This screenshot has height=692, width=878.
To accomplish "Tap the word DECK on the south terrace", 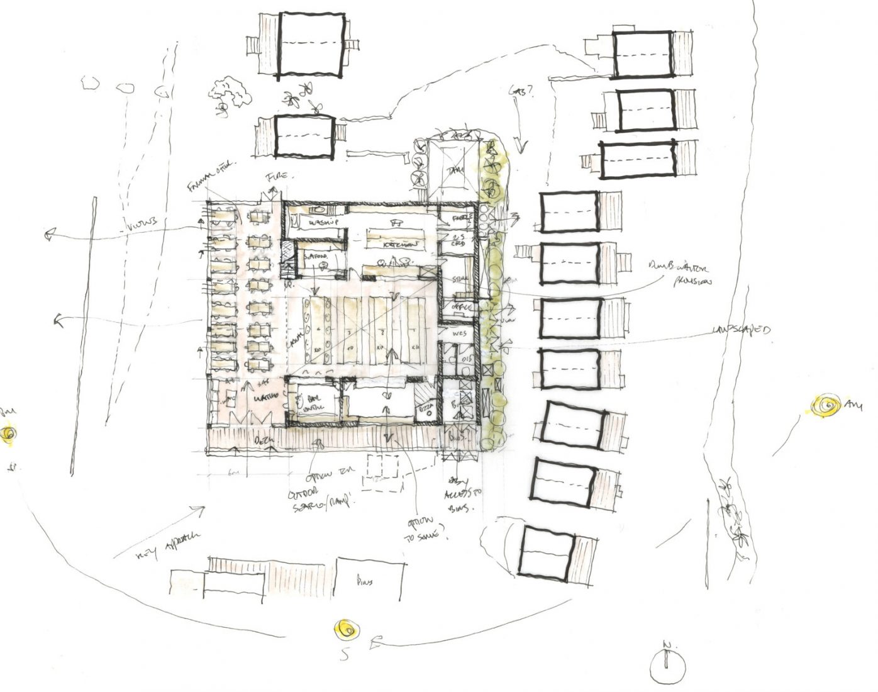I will [x=264, y=440].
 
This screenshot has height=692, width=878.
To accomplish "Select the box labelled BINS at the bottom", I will [x=369, y=582].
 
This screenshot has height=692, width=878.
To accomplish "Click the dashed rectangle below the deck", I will [x=384, y=470].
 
